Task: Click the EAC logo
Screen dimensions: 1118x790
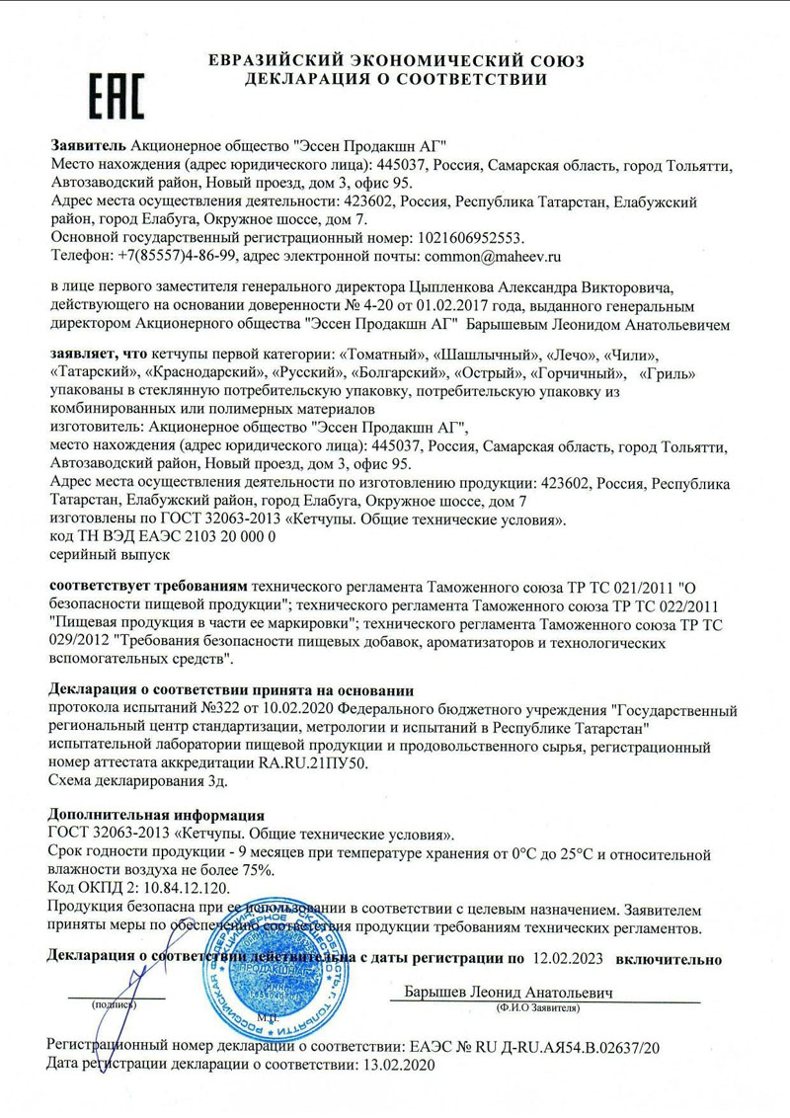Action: (x=117, y=98)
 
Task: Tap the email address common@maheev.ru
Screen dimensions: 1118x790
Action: (x=492, y=256)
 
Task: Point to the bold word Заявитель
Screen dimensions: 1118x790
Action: (x=87, y=144)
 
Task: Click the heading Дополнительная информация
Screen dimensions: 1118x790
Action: (x=156, y=816)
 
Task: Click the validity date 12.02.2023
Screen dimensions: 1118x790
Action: (x=569, y=958)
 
